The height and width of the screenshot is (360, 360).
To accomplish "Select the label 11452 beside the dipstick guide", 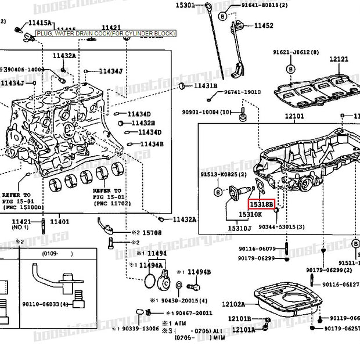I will point(263,26).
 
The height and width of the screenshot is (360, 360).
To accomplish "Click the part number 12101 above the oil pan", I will point(294,117).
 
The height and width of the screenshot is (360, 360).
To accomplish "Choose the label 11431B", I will point(205,86).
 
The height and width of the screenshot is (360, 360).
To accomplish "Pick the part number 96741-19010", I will point(243,92).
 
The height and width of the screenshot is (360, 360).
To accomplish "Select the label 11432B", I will point(143,123).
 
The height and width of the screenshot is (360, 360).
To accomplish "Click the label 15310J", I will point(239,229).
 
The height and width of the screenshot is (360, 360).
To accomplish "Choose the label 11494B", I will point(199,272).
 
